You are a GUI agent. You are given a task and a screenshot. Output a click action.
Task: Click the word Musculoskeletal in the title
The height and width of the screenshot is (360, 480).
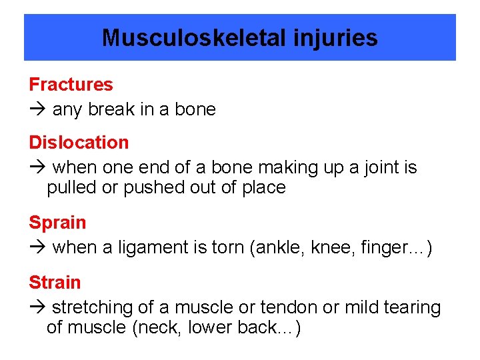pyautogui.click(x=194, y=38)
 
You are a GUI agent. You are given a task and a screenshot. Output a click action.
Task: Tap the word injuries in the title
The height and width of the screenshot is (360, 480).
pyautogui.click(x=335, y=38)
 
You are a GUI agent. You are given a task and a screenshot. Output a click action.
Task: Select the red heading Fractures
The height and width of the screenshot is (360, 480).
pyautogui.click(x=71, y=85)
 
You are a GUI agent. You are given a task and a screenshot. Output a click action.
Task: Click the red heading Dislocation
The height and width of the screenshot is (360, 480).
pyautogui.click(x=79, y=143)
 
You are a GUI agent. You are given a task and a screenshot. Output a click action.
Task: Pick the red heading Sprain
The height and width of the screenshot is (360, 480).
pyautogui.click(x=57, y=223)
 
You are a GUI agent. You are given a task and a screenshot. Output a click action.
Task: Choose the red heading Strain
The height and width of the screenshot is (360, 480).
pyautogui.click(x=55, y=283)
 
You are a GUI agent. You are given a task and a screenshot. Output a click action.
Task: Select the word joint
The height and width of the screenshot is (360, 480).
pyautogui.click(x=382, y=167)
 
